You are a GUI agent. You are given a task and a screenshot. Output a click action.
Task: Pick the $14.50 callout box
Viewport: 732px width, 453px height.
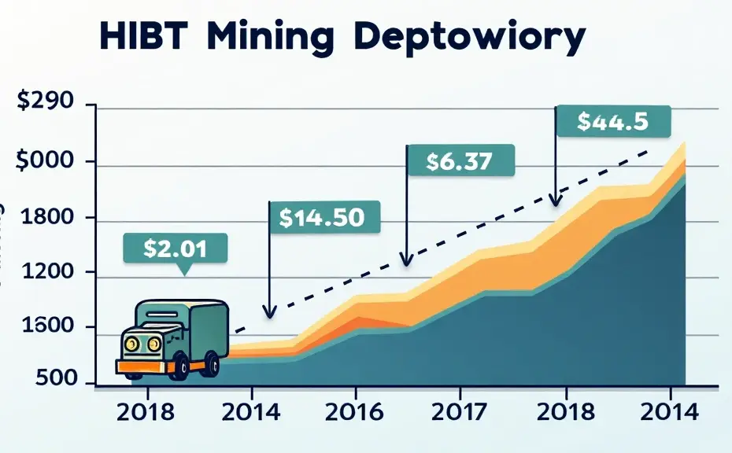pos(323,217)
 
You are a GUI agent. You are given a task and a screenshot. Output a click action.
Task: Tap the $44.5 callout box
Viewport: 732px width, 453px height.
pos(612,122)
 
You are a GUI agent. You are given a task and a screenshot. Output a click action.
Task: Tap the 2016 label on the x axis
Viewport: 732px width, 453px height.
pos(355,411)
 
